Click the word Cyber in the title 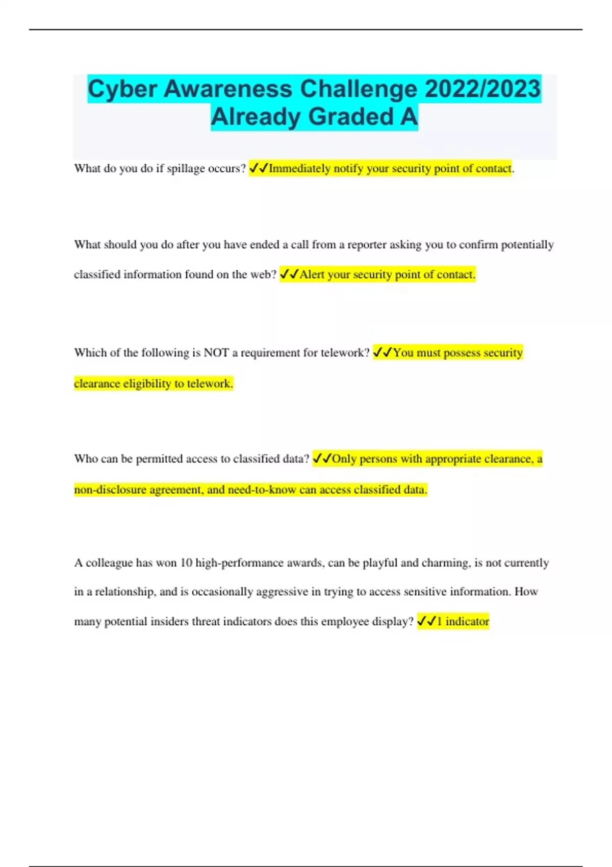[x=122, y=89]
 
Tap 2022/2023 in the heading [x=482, y=89]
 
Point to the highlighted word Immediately [x=299, y=168]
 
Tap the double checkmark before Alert [x=289, y=274]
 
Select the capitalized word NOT [x=216, y=353]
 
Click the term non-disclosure [x=109, y=490]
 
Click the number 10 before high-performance [x=187, y=563]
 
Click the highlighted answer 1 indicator [x=463, y=622]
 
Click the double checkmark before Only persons [x=322, y=459]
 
